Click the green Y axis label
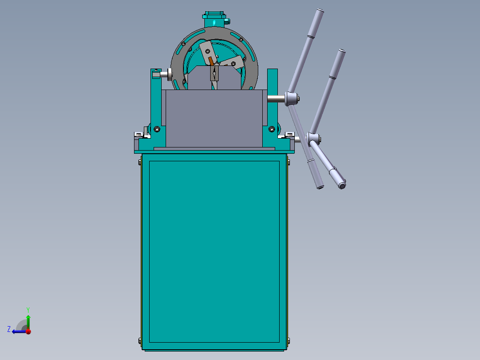(28, 309)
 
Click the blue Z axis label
(9, 329)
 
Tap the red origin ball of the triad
(28, 331)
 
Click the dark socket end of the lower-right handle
(342, 184)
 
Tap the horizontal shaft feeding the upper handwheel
(277, 98)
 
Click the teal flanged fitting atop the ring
(215, 20)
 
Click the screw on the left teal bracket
(157, 129)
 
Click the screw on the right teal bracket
(272, 129)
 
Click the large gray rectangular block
(213, 118)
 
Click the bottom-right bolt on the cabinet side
(289, 341)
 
